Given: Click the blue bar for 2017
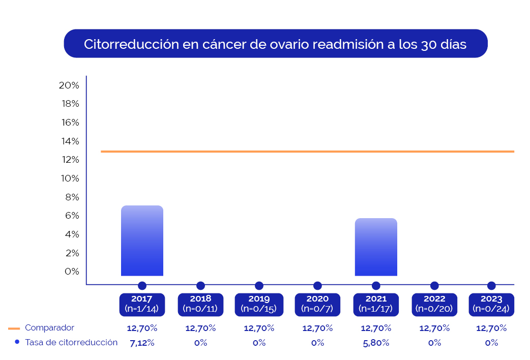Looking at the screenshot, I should point(142,241).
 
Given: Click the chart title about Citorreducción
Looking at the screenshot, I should point(275,44).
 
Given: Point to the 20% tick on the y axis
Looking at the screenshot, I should point(69,85).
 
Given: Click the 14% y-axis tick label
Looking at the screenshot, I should point(69,141).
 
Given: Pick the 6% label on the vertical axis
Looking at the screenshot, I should point(71,216).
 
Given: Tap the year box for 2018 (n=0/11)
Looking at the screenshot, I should point(200,304).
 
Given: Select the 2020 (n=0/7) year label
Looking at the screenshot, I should point(317,304).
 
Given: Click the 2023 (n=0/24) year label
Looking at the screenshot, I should point(491,304).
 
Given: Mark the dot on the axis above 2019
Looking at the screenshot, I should point(259,286).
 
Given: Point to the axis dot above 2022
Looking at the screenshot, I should point(434,286).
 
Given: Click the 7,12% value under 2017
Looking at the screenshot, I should point(142,343).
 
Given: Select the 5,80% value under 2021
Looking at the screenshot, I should point(376,343).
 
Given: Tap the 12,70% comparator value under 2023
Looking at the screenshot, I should point(491,328).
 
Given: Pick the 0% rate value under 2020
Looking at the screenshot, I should point(317,343).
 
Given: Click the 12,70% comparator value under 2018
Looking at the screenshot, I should point(200,328).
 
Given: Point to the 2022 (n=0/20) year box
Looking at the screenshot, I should point(434,304).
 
